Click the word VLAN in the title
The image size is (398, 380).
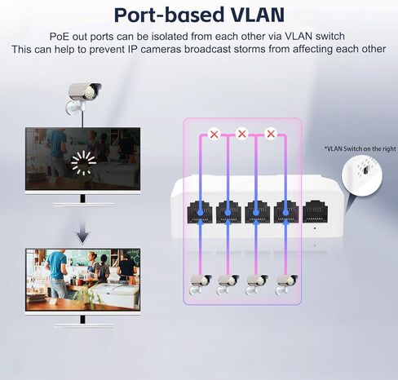pos(257,15)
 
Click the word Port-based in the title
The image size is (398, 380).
pos(169,15)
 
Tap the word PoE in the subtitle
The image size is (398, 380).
pos(60,36)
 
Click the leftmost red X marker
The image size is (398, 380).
pos(214,134)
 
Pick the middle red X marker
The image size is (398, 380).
pos(242,134)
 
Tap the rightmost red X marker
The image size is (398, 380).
pos(271,134)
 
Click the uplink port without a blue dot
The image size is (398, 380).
pos(316,212)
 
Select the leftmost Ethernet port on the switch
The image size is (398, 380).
pos(200,212)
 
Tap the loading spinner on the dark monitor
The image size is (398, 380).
pos(83,163)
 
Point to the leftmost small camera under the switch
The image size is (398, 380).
pos(200,284)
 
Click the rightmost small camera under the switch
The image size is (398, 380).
pos(286,285)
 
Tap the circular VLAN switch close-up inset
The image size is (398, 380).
pos(362,175)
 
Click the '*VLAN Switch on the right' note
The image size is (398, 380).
pos(360,148)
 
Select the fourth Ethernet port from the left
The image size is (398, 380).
pos(286,212)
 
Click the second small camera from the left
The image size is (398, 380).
pos(228,285)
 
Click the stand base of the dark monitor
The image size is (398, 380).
pos(83,205)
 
